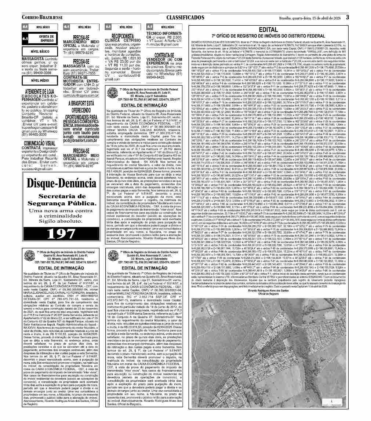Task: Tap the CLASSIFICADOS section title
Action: point(185,17)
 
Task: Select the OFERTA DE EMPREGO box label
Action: point(47,39)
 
